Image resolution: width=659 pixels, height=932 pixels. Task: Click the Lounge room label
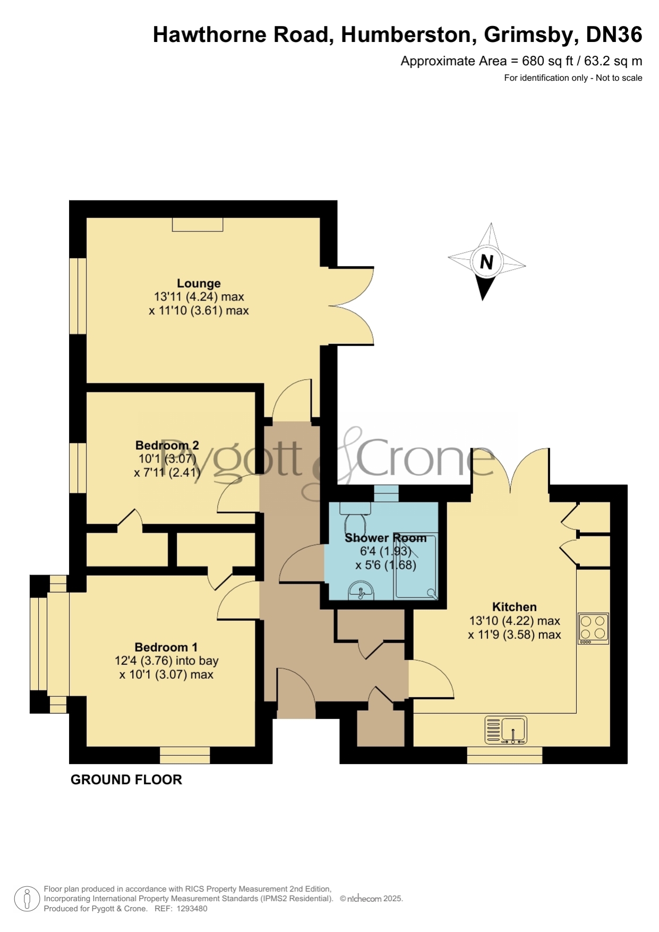[x=199, y=283]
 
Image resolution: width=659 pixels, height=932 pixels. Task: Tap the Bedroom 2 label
[x=167, y=445]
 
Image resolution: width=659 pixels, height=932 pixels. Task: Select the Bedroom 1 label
[x=166, y=647]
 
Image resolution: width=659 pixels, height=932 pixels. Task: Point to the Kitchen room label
[x=514, y=606]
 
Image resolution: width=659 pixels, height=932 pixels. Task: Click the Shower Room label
[x=386, y=537]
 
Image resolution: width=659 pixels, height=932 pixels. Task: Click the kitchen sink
[x=506, y=730]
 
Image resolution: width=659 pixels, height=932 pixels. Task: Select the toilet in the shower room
[x=352, y=514]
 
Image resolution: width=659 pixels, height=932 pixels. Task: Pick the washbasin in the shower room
[x=361, y=590]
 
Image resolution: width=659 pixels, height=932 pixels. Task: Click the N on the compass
[x=486, y=262]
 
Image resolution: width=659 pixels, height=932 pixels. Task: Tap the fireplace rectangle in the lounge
[x=198, y=225]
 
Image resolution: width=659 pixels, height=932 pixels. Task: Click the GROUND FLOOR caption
[x=126, y=780]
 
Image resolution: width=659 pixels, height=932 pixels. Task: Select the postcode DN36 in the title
[x=614, y=35]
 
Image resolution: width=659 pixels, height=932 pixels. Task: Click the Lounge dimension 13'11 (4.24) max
[x=199, y=297]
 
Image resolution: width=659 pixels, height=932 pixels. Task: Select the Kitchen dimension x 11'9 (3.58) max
[x=515, y=635]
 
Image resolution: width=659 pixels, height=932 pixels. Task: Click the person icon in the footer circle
[x=27, y=899]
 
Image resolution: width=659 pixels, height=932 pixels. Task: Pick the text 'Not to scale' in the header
[x=619, y=78]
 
